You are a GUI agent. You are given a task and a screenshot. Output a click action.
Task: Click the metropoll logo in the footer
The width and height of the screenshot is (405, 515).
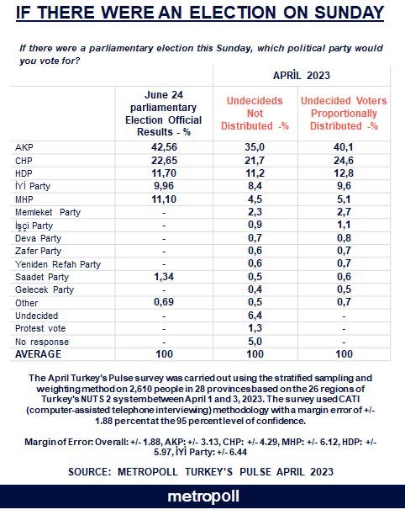[203, 497]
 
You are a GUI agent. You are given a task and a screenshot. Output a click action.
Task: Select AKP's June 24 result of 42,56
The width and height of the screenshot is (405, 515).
[164, 147]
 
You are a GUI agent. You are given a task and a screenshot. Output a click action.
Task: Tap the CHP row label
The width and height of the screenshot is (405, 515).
[24, 161]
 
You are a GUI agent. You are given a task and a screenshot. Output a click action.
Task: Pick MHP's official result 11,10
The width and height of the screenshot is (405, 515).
[164, 199]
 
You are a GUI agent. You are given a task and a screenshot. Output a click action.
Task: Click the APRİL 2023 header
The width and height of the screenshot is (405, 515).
[302, 75]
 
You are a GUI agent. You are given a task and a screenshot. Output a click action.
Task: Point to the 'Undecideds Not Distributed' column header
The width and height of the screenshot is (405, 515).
[255, 114]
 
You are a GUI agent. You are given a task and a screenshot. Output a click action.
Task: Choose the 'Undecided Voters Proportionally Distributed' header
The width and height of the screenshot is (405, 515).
[344, 114]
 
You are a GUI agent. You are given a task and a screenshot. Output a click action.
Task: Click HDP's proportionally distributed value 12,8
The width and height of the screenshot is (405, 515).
[344, 173]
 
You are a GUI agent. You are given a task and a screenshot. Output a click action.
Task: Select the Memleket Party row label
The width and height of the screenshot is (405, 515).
[48, 212]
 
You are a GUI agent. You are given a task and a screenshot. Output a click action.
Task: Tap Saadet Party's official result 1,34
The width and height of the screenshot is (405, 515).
[164, 277]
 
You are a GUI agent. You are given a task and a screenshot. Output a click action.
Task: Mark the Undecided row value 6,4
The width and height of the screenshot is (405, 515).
[255, 316]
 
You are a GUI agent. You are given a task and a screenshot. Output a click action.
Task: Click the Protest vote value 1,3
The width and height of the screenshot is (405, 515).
[255, 328]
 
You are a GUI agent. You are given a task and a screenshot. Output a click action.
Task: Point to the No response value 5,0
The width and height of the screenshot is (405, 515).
[255, 342]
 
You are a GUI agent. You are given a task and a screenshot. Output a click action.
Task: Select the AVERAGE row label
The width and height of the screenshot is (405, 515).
[38, 354]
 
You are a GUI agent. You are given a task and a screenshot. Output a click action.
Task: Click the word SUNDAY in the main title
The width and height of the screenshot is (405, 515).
[350, 13]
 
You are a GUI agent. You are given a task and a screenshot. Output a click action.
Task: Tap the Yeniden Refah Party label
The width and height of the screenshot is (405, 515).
[58, 264]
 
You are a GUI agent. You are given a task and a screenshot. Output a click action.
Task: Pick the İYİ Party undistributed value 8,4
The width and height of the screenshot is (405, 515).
[255, 186]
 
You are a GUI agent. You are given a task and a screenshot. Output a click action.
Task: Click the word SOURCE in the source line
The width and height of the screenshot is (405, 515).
[85, 472]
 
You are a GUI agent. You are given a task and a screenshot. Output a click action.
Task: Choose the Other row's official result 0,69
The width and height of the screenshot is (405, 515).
[164, 302]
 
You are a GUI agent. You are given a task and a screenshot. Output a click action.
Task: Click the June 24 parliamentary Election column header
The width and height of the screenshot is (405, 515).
[164, 114]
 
